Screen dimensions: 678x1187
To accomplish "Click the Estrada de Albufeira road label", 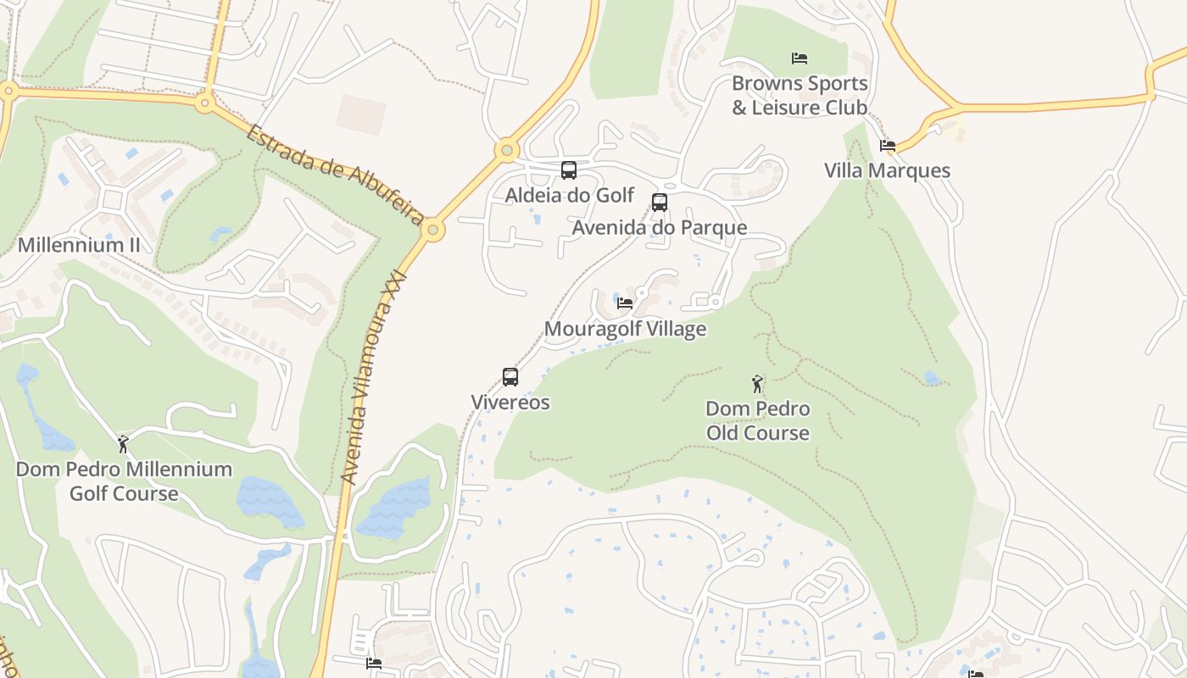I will coord(336,175).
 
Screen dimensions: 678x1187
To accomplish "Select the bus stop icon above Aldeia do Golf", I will coord(569,170).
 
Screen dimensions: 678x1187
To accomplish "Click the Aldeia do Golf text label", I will coord(569,195).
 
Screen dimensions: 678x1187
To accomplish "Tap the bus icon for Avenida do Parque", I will coord(659,203).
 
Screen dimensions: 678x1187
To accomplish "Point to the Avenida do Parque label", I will coord(659,227).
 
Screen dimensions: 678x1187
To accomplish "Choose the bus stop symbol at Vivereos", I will coord(510,377).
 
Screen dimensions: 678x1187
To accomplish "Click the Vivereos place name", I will coord(510,403).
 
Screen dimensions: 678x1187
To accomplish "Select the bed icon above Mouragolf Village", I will coord(625,303).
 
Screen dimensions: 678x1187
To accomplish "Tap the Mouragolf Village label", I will coord(625,329).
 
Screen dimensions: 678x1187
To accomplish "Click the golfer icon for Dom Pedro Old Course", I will coord(757,384).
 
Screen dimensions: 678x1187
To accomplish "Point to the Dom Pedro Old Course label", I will coord(757,420).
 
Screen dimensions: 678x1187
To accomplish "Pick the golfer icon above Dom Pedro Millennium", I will coord(123,444).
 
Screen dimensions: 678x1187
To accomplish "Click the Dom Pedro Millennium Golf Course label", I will coord(124,481).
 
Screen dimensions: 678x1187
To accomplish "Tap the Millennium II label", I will coord(79,246).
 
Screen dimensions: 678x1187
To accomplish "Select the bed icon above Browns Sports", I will coord(799,58).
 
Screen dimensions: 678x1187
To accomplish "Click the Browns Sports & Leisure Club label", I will coord(800,95).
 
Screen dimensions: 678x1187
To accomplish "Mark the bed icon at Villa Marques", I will coord(888,146).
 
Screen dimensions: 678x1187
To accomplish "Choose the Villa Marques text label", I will coord(888,170).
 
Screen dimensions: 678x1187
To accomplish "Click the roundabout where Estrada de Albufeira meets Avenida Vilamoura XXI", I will coord(433,230).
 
